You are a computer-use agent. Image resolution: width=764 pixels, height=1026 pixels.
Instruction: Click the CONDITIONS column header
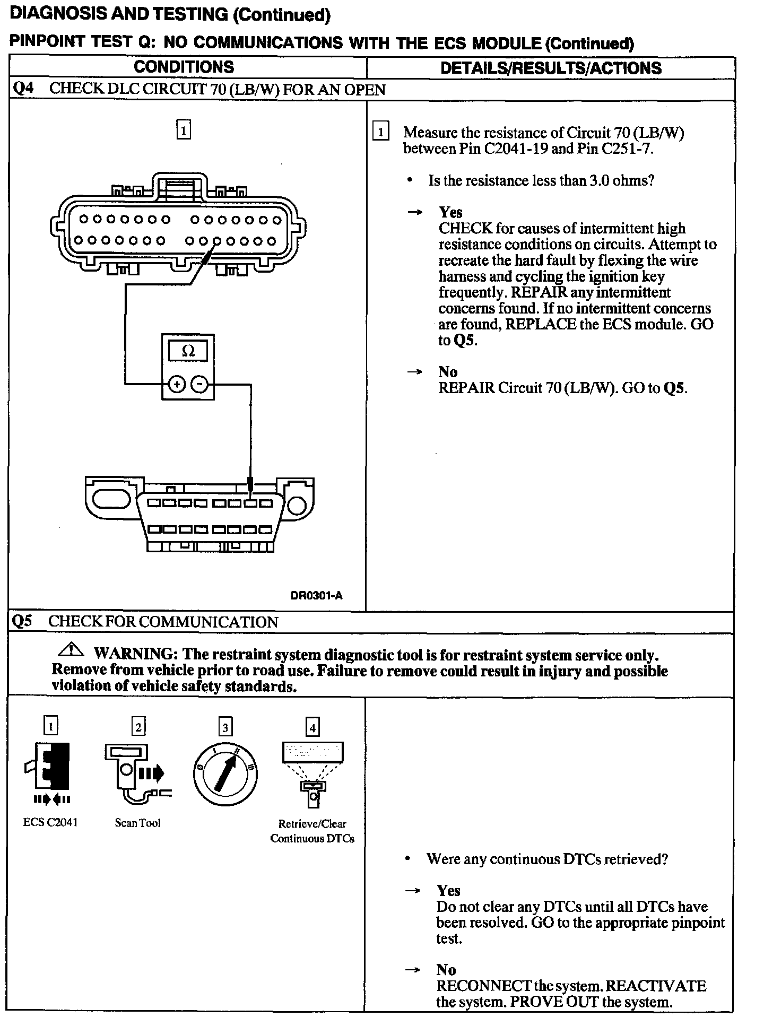184,67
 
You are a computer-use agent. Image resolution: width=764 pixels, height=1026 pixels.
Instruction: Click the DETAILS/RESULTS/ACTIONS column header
551,68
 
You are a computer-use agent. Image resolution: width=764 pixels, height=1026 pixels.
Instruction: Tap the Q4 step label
23,89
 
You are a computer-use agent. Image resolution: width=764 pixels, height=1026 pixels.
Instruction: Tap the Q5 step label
22,621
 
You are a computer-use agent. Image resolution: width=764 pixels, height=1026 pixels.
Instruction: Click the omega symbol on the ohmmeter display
188,351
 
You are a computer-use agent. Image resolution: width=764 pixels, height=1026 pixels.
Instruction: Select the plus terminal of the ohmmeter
176,384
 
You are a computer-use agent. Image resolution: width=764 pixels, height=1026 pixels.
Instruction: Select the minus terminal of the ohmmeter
199,384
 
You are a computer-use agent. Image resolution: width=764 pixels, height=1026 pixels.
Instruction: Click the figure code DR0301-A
316,596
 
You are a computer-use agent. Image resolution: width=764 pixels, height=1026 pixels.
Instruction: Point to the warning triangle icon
72,649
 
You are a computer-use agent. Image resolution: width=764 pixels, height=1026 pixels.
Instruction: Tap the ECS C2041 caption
50,822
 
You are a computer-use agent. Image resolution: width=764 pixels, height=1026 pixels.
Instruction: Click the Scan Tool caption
137,823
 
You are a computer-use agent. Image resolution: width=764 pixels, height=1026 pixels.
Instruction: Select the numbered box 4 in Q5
312,727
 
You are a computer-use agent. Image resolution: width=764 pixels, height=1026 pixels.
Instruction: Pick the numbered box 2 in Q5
138,726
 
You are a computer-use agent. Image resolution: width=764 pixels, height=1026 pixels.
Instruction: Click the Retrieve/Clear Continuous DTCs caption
312,831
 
